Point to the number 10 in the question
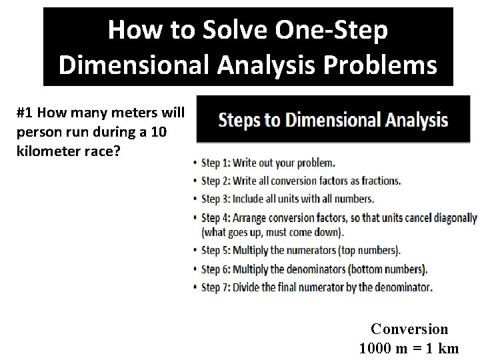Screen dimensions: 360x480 coord(159,132)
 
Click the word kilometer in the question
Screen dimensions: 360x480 coord(47,151)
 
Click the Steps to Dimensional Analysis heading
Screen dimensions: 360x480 coord(333,121)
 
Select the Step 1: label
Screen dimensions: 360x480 coord(219,163)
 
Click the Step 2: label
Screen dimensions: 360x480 coord(219,181)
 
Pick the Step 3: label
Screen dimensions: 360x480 coord(219,199)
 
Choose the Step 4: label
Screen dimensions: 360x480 coord(219,217)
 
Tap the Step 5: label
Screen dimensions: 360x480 coord(219,251)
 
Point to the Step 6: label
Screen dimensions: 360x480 coord(219,269)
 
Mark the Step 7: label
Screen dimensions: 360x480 coord(219,287)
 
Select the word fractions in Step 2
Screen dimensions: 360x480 coord(381,181)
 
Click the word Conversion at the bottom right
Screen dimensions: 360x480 coord(409,329)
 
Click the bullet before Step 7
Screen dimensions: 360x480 coord(195,288)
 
